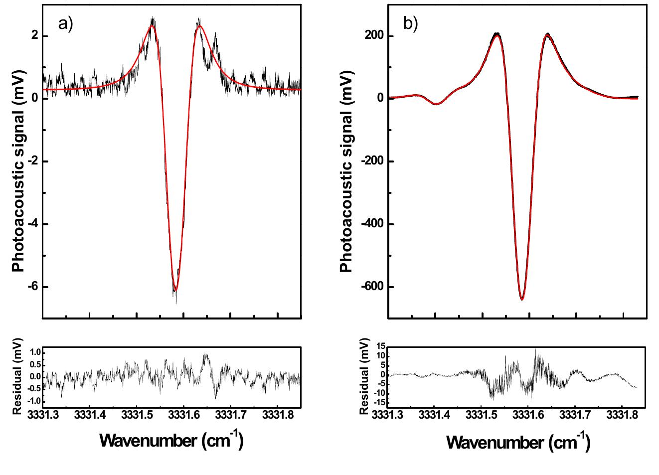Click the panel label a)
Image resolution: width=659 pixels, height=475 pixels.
click(66, 24)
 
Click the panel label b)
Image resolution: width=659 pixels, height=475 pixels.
click(410, 24)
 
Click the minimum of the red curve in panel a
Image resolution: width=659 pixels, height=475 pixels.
click(175, 290)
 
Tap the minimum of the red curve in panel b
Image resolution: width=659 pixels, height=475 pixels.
click(522, 299)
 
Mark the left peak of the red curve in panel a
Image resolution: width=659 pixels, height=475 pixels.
click(152, 25)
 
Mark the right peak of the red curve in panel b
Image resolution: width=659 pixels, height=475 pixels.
click(547, 36)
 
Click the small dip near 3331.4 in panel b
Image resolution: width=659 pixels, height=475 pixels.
click(436, 104)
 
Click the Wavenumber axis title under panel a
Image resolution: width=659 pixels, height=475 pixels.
click(171, 440)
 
